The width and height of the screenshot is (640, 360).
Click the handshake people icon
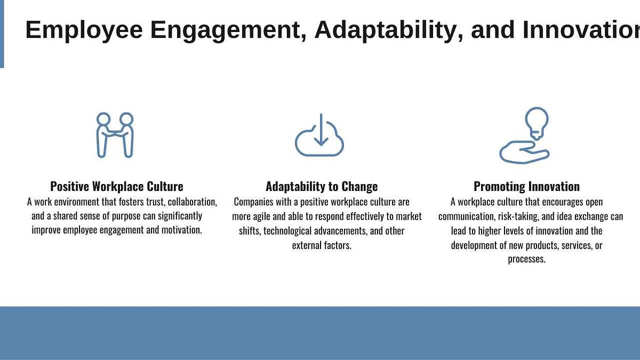(115, 135)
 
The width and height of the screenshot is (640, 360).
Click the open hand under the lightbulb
(524, 153)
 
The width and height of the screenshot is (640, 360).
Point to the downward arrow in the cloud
(321, 130)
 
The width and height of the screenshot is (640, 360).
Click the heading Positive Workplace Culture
(117, 186)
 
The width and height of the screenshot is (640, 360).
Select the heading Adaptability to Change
(322, 186)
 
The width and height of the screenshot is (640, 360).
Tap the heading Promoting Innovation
(526, 186)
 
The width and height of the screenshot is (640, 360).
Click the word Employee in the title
(84, 30)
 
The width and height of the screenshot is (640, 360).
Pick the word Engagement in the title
(229, 30)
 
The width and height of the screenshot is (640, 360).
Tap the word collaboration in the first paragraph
(193, 202)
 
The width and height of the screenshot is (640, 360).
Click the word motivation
(182, 230)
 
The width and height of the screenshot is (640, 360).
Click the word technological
(287, 231)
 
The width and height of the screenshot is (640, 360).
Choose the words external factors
(322, 245)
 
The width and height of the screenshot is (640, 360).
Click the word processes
(526, 259)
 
